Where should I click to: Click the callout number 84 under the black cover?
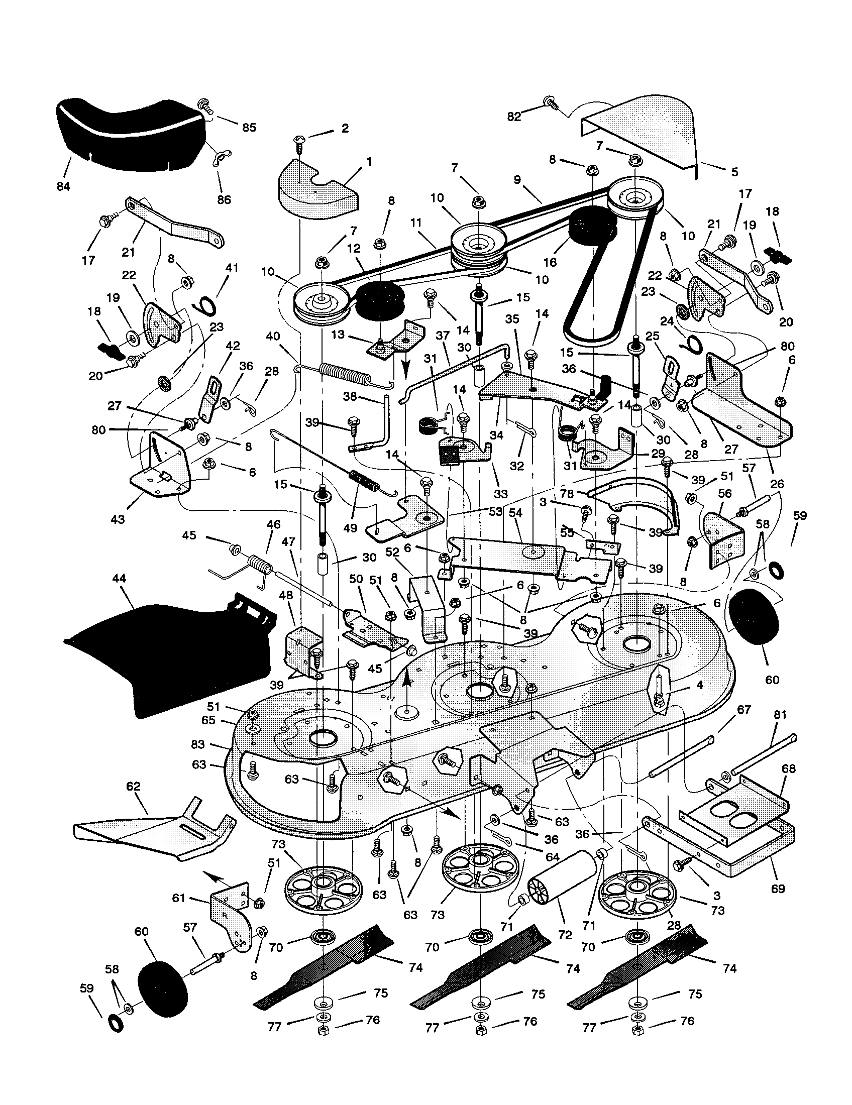tap(63, 186)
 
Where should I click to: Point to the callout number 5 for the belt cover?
tap(734, 171)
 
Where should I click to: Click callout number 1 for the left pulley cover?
tap(369, 161)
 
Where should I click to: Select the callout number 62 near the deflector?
tap(134, 787)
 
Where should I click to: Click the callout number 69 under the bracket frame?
tap(778, 888)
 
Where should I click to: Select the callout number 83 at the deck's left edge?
tap(198, 744)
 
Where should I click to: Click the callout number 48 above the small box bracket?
tap(286, 596)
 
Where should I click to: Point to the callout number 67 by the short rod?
tap(743, 709)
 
